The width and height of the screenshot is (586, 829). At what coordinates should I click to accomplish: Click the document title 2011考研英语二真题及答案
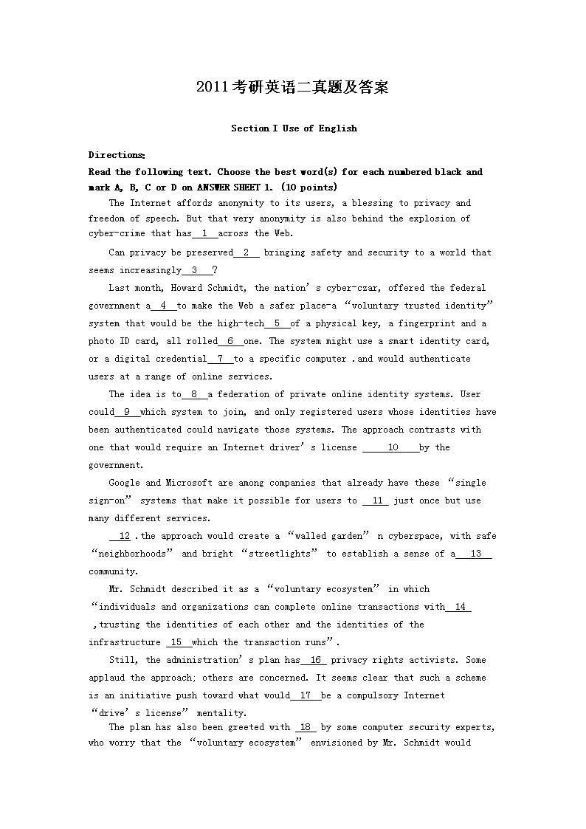point(292,87)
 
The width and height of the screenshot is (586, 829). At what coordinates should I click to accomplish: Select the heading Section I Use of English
point(294,128)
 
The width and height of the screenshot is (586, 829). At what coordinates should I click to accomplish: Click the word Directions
point(116,155)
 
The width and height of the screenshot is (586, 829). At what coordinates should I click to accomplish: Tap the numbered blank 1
point(204,234)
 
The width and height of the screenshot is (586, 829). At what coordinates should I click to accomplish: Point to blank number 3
point(194,270)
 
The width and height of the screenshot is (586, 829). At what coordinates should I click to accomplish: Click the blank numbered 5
point(277,323)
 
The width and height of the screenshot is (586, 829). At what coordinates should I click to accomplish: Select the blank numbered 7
point(220,359)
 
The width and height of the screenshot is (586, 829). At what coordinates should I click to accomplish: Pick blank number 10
point(392,447)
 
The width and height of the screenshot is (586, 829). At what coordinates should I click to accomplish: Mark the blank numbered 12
point(123,536)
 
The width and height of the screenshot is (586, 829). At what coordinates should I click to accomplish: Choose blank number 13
point(475,554)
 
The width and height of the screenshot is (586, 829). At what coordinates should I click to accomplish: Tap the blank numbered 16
point(314,660)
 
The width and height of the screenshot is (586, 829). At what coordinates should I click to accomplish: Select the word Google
point(124,483)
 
